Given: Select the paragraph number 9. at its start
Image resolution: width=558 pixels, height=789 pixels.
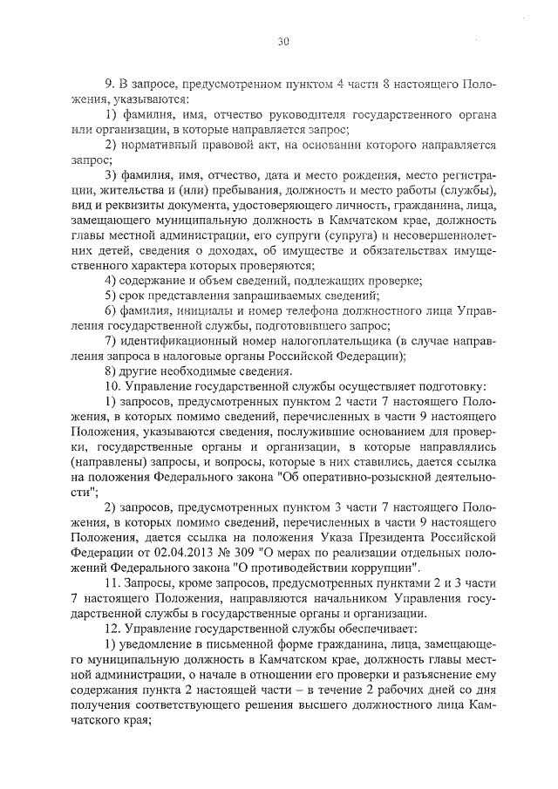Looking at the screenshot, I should [x=111, y=85].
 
